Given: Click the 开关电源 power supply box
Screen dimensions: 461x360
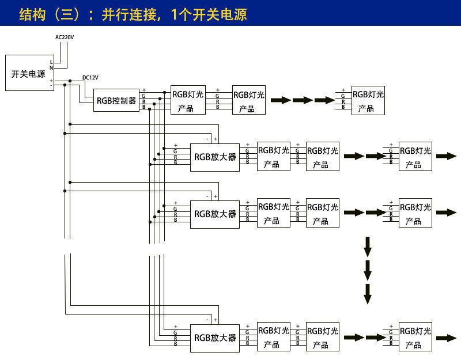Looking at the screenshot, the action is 30,73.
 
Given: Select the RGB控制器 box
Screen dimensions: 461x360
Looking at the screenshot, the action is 116,100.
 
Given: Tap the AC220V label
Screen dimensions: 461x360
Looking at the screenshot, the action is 65,37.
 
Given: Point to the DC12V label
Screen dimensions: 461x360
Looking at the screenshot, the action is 90,78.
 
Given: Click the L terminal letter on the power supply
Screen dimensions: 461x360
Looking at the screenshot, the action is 51,62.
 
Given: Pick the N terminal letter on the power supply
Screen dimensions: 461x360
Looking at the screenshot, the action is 51,68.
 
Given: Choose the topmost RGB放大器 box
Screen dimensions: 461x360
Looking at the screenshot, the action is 215,157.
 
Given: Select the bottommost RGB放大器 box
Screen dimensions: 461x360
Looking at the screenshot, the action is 215,338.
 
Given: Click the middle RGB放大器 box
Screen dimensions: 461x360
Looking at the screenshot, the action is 215,214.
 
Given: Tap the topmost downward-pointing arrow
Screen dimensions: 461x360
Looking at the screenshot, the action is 368,247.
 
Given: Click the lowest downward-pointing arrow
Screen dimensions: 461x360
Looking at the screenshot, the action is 368,294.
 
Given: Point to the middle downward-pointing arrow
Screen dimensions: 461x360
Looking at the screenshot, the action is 368,270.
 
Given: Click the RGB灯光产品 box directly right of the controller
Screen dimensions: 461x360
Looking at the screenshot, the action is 188,100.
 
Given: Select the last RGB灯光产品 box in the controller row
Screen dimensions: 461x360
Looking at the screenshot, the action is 368,100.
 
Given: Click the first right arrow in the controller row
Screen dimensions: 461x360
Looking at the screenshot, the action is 281,100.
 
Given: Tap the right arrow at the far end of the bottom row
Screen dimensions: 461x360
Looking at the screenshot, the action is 446,338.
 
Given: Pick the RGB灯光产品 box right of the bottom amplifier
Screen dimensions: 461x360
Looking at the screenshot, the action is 274,337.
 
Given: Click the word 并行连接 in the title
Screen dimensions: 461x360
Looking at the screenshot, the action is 129,14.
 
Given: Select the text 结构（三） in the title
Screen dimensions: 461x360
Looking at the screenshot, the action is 49,14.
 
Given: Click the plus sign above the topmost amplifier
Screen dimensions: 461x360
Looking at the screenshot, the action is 216,139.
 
